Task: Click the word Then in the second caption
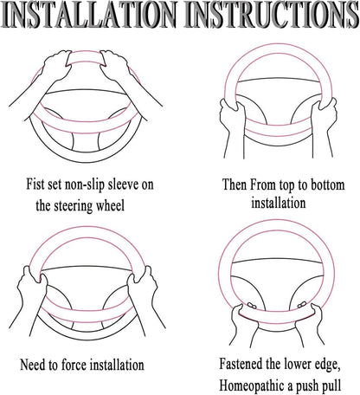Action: [235, 185]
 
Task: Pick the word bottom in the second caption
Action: [327, 185]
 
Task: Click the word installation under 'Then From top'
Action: [279, 203]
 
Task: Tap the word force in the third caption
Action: [74, 365]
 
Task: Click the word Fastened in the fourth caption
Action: [241, 364]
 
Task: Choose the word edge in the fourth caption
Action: [326, 365]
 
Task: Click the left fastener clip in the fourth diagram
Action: [252, 305]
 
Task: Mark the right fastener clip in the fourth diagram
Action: [301, 305]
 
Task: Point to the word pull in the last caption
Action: [331, 386]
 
